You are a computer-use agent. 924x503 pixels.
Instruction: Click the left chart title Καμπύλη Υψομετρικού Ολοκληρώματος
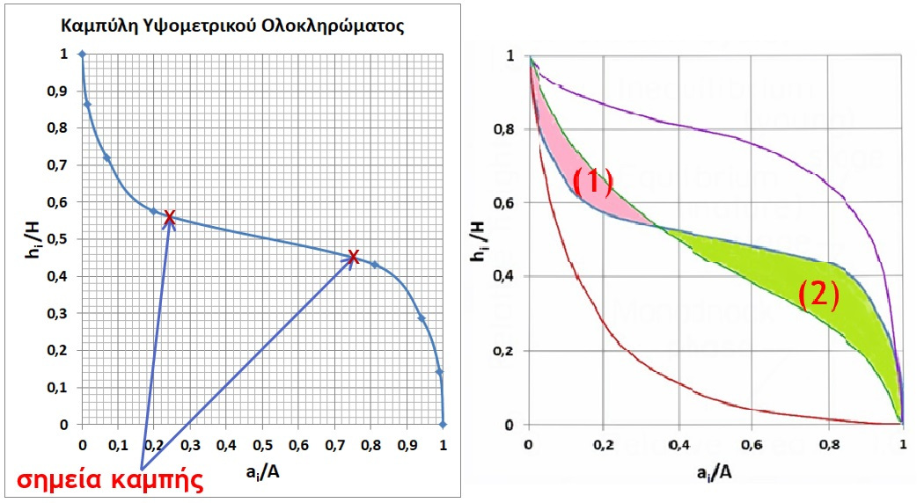pos(232,26)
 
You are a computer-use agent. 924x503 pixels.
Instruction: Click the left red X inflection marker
pos(169,219)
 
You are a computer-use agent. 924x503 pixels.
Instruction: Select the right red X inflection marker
pos(353,257)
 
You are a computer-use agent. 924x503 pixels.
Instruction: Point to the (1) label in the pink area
pos(592,181)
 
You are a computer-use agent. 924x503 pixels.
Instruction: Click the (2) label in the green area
pos(818,295)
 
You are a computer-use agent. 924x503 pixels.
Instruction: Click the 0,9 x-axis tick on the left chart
pos(407,446)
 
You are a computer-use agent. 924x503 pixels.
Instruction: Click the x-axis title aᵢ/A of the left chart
pos(261,473)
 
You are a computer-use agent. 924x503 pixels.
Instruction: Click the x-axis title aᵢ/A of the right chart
pos(715,473)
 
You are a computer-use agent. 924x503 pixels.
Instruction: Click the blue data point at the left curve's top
pos(83,55)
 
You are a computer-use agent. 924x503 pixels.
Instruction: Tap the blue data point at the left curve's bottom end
pos(443,424)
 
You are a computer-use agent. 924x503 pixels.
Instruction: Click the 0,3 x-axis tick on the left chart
pos(190,446)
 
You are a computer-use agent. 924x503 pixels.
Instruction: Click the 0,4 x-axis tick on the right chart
pos(676,447)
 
